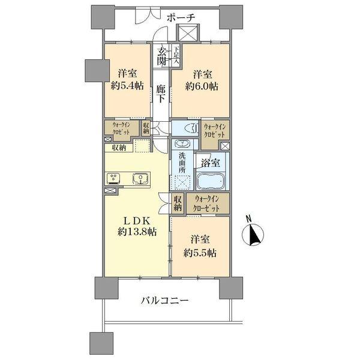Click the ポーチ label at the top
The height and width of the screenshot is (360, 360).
pyautogui.click(x=181, y=17)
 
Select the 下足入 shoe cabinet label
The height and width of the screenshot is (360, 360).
pyautogui.click(x=176, y=55)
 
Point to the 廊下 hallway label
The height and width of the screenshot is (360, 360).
pyautogui.click(x=161, y=94)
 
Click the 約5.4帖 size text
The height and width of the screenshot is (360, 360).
pyautogui.click(x=127, y=86)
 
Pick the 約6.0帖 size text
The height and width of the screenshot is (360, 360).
pyautogui.click(x=202, y=86)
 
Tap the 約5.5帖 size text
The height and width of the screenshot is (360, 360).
pyautogui.click(x=200, y=253)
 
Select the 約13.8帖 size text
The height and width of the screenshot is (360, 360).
pyautogui.click(x=137, y=232)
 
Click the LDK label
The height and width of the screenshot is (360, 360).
pyautogui.click(x=137, y=221)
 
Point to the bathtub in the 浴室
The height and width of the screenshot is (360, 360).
pyautogui.click(x=211, y=181)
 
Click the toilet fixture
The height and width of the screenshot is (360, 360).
pyautogui.click(x=192, y=128)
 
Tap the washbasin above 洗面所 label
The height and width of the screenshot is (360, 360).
pyautogui.click(x=182, y=144)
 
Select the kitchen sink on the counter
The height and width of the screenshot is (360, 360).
pyautogui.click(x=141, y=179)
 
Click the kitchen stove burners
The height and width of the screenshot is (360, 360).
pyautogui.click(x=113, y=179)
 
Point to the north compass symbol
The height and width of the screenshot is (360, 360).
pyautogui.click(x=253, y=234)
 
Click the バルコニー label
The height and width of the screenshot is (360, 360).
pyautogui.click(x=164, y=301)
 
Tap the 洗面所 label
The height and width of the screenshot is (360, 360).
pyautogui.click(x=182, y=163)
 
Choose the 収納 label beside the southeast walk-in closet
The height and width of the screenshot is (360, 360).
pyautogui.click(x=178, y=203)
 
